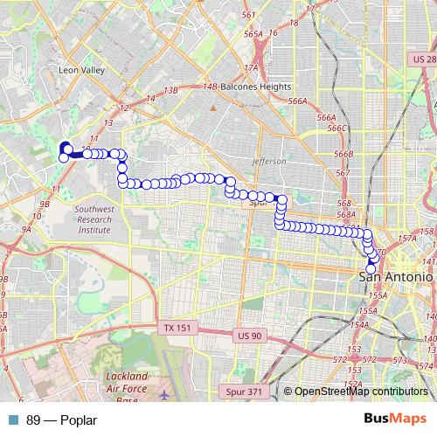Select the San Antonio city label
coord(397,275)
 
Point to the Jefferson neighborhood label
coord(268,162)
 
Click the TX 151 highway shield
coord(177,327)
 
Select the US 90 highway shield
coord(248,335)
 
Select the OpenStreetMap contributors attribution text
coord(360,392)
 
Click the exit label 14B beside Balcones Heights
coord(208,87)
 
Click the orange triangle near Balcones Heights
coord(212,108)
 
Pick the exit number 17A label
coord(253,66)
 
